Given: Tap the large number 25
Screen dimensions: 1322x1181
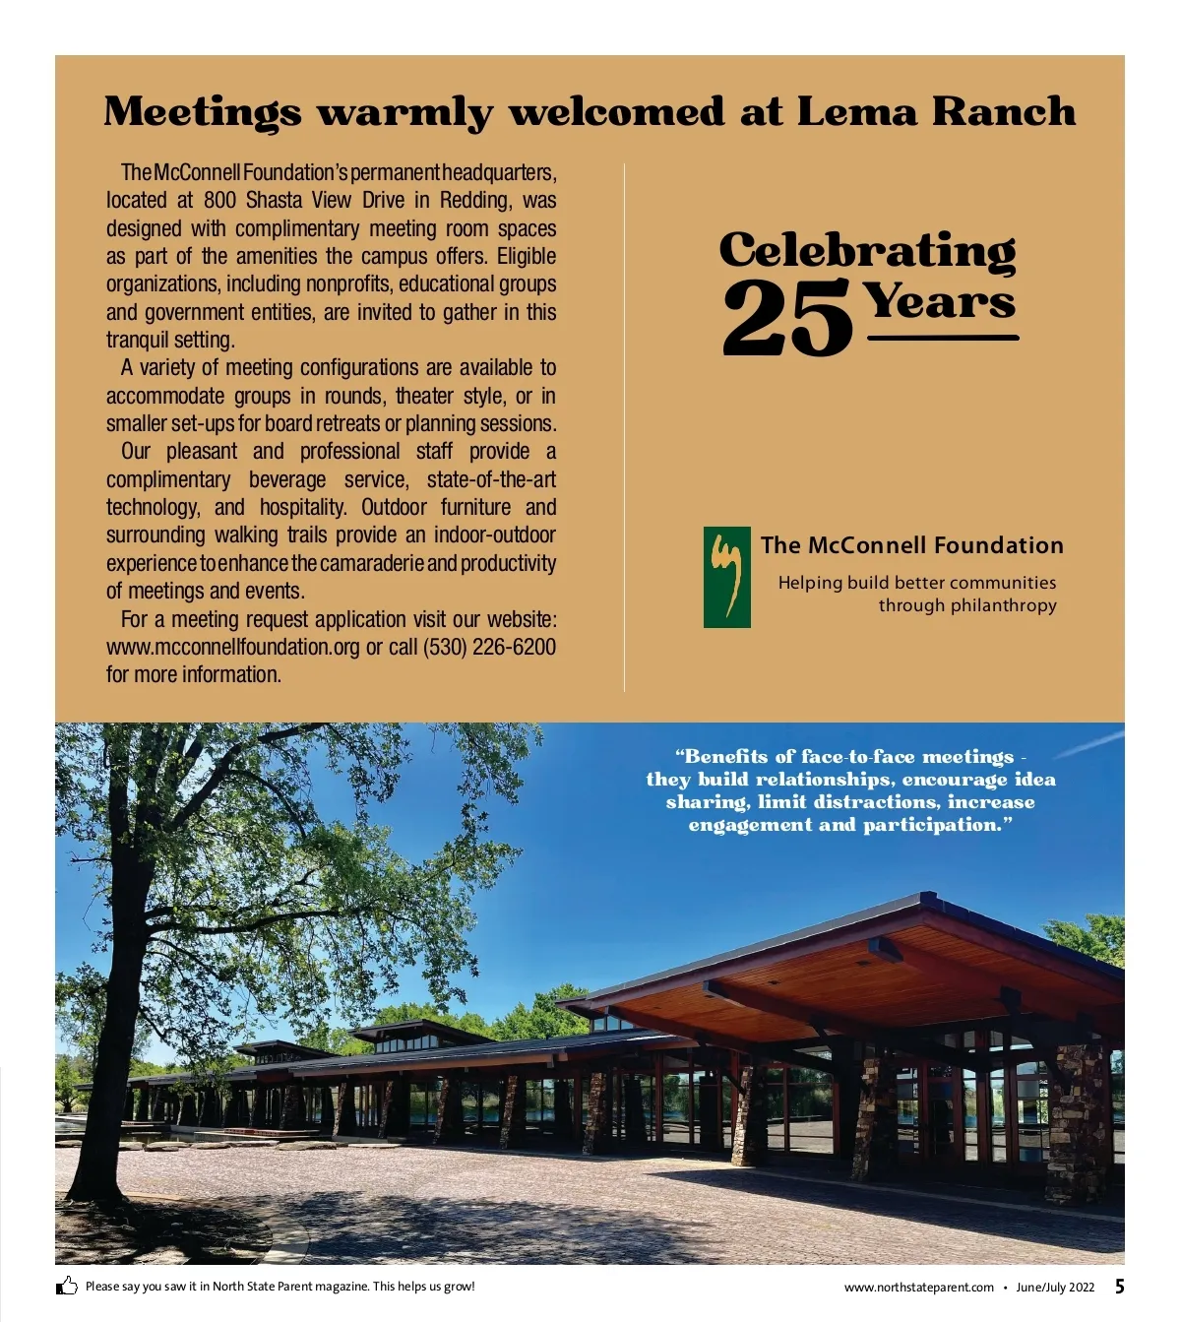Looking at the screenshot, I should coord(787,317).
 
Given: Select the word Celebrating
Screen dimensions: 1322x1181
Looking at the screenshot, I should coord(867,250).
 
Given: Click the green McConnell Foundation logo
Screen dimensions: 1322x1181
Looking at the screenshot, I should coord(726,577).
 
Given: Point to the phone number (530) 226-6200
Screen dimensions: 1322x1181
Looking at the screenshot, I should coord(489,648).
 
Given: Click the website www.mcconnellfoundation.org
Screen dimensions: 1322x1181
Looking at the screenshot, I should coord(233,648).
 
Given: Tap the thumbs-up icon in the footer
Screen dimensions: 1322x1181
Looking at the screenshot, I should coord(67,1286).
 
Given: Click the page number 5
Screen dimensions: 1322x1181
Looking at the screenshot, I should coord(1120,1287).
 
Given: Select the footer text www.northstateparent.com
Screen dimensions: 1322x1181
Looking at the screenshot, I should coord(919,1288).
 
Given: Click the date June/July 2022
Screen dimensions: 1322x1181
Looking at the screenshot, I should coord(1055,1288).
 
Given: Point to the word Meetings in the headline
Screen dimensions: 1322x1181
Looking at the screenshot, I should coord(203,112).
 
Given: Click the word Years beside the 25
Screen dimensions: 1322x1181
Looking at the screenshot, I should coord(940,300).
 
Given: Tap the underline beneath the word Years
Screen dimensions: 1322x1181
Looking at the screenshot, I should coord(943,338).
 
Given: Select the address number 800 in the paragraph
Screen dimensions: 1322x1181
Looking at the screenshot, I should coord(220,201).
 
